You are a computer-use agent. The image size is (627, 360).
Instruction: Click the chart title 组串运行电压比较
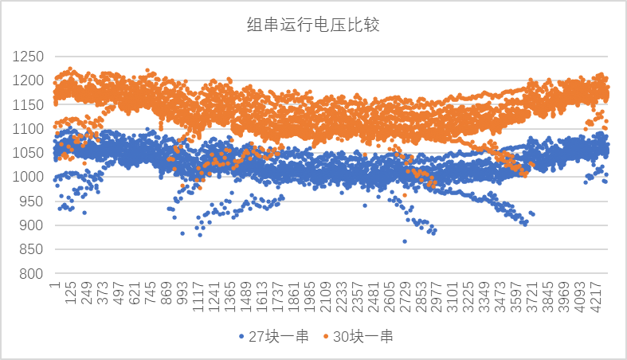coord(312,25)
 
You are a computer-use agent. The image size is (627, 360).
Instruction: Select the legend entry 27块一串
coord(279,337)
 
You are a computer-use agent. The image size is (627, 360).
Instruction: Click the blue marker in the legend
coord(241,338)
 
